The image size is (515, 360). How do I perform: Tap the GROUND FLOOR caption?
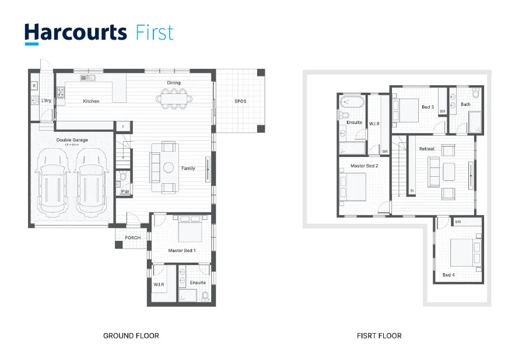[131, 335]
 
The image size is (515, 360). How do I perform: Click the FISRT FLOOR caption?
[379, 335]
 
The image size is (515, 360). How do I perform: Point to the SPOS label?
[240, 101]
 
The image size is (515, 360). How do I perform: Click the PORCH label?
[132, 237]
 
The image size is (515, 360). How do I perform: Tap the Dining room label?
[174, 83]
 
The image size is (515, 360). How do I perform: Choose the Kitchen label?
[91, 101]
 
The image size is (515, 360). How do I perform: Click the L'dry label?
[46, 101]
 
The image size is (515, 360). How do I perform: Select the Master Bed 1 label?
[182, 250]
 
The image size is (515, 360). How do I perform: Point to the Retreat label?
[427, 149]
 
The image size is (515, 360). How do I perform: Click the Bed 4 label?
[448, 275]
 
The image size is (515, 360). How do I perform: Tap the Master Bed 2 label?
[365, 166]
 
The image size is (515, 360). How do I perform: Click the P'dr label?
[125, 191]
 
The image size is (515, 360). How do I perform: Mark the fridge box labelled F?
[123, 126]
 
